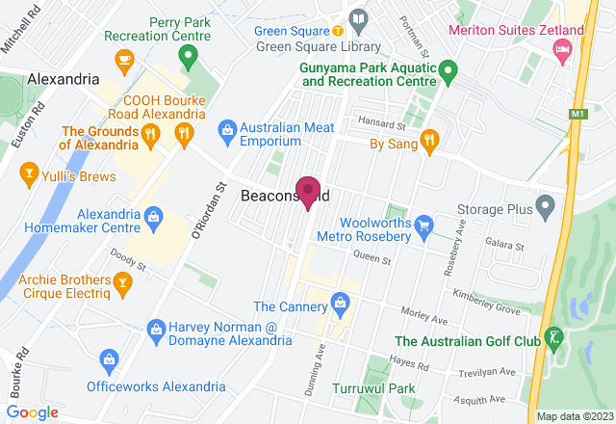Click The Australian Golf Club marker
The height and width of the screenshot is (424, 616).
coord(553,338)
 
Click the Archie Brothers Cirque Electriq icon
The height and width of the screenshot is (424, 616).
coord(122,281)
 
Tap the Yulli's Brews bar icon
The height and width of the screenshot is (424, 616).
coord(28,174)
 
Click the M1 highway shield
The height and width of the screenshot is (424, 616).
coord(577,115)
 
